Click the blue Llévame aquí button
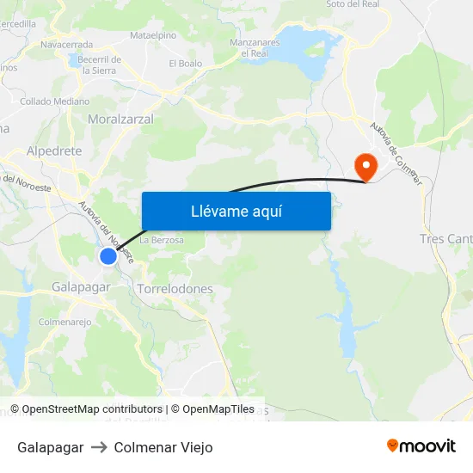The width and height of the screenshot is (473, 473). click(236, 211)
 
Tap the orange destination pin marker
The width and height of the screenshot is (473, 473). click(365, 166)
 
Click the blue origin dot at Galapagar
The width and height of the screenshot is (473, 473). click(107, 256)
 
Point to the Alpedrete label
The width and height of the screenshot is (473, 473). click(54, 150)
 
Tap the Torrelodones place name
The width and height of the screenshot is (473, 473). click(175, 289)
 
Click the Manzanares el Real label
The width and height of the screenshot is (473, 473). click(255, 47)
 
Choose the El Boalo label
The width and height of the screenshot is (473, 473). click(185, 64)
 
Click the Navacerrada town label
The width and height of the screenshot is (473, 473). click(66, 43)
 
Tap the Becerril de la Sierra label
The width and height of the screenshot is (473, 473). click(99, 64)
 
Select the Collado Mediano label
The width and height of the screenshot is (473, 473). click(54, 101)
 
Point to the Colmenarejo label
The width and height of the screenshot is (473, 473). click(64, 322)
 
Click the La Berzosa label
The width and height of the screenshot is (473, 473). click(162, 240)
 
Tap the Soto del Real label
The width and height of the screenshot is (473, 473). click(353, 4)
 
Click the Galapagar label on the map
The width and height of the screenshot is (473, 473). click(80, 286)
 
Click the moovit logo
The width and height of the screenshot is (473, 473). click(421, 446)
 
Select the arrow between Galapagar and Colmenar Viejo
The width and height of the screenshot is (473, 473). click(98, 447)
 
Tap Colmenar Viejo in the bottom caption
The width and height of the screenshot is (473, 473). click(163, 447)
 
